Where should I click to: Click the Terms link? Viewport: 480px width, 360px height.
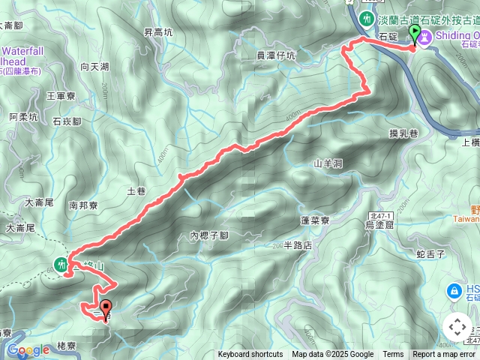pyautogui.click(x=393, y=355)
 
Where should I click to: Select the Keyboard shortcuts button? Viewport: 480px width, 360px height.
pyautogui.click(x=250, y=355)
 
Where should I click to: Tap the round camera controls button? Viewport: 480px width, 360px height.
pyautogui.click(x=457, y=327)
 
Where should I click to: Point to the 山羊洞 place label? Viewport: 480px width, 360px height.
pyautogui.click(x=328, y=163)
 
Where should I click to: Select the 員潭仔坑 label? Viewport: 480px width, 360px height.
pyautogui.click(x=276, y=55)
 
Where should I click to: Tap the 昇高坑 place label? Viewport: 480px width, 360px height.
pyautogui.click(x=157, y=32)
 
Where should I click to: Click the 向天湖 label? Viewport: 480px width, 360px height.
pyautogui.click(x=94, y=67)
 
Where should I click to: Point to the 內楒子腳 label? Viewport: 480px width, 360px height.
pyautogui.click(x=208, y=235)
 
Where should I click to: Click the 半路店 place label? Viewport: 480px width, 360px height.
pyautogui.click(x=298, y=245)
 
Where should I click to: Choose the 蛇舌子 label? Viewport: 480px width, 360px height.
pyautogui.click(x=430, y=255)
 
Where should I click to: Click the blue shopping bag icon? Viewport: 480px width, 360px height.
pyautogui.click(x=454, y=290)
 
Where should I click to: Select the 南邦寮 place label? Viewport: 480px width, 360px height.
pyautogui.click(x=83, y=204)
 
